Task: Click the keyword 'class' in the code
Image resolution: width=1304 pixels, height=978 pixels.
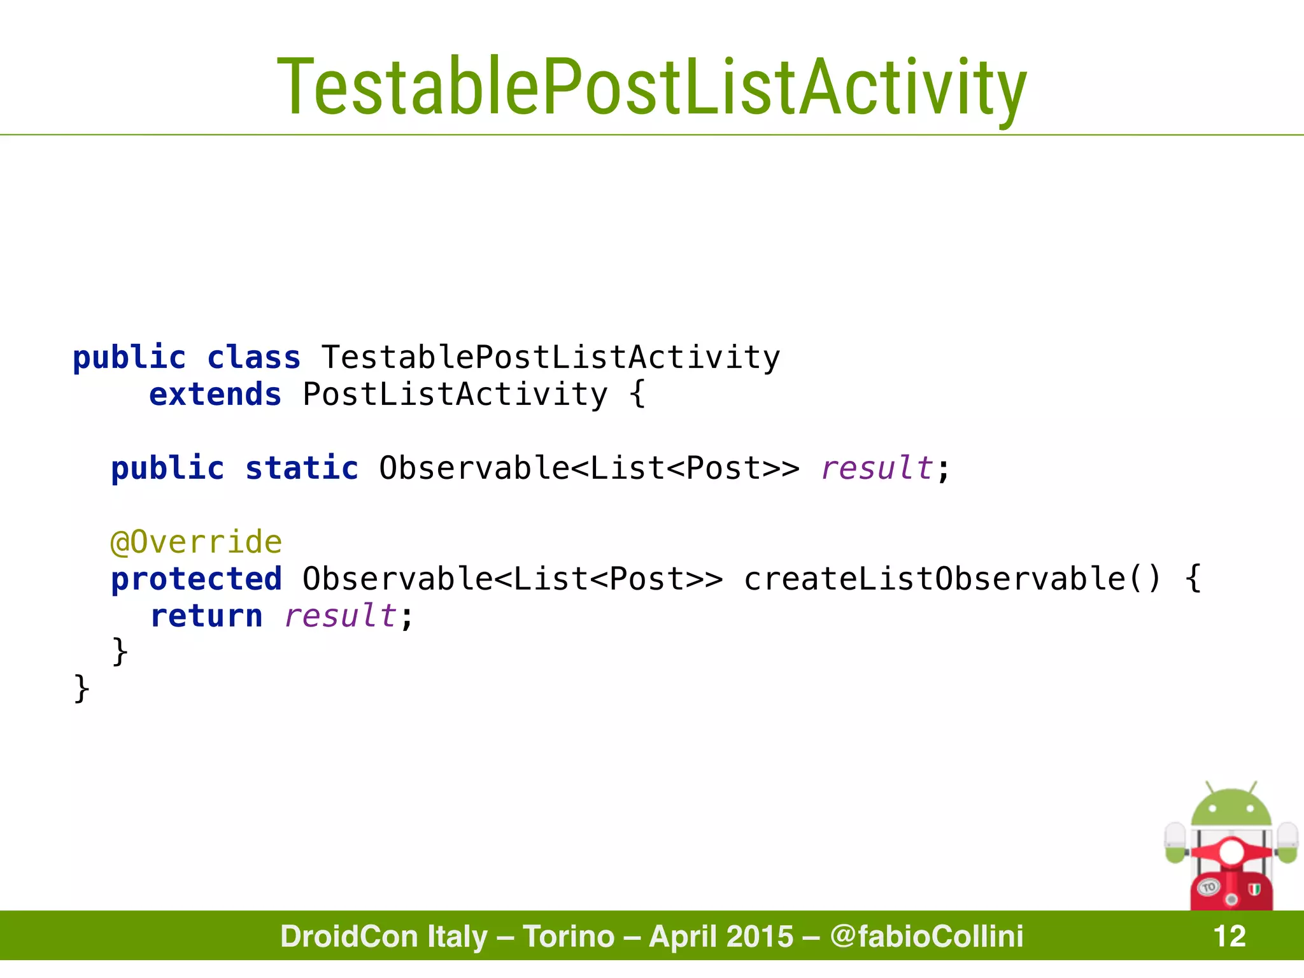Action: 253,357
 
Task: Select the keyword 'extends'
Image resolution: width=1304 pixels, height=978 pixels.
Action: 215,394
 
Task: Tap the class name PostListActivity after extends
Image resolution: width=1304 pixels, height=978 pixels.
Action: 455,394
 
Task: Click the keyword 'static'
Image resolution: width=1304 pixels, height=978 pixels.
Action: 302,468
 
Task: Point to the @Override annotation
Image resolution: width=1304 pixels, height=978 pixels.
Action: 196,542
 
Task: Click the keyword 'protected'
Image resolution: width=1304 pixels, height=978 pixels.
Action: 196,579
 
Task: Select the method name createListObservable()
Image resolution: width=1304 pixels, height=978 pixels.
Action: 953,579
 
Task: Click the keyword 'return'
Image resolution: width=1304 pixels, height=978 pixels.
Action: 206,616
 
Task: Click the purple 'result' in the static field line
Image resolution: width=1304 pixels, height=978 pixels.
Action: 877,468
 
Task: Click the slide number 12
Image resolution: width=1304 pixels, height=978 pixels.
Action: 1229,936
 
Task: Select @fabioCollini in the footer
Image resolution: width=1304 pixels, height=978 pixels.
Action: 926,936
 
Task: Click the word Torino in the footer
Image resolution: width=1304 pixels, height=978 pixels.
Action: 569,936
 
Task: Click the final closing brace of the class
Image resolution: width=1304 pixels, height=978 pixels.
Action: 81,689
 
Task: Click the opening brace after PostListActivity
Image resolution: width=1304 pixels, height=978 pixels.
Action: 637,394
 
